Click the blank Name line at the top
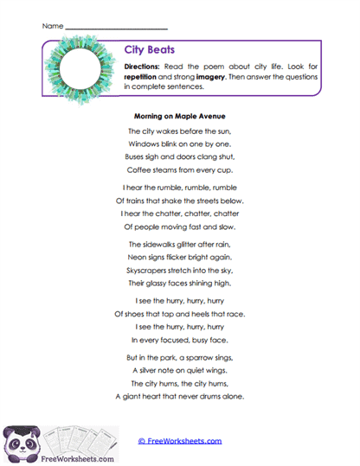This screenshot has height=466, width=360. [115, 27]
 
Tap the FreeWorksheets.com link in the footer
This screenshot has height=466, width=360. [180, 441]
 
